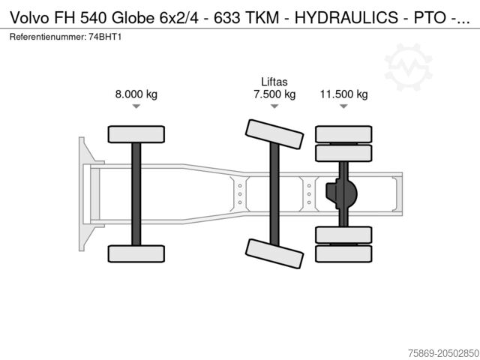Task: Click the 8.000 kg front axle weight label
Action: point(136,94)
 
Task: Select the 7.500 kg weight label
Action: point(274,94)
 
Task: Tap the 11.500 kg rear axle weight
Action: point(343,94)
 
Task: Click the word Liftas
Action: point(274,82)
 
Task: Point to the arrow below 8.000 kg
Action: point(136,106)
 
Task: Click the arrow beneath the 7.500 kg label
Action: point(274,106)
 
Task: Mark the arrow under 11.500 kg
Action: point(343,106)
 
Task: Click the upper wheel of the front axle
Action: point(136,134)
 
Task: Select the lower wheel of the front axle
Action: point(136,253)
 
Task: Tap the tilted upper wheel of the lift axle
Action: point(274,135)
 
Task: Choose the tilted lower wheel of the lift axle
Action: point(274,253)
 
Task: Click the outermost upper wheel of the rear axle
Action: point(343,134)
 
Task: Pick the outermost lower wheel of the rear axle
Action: point(343,253)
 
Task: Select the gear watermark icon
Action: point(408,65)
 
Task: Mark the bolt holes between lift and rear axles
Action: point(309,193)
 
